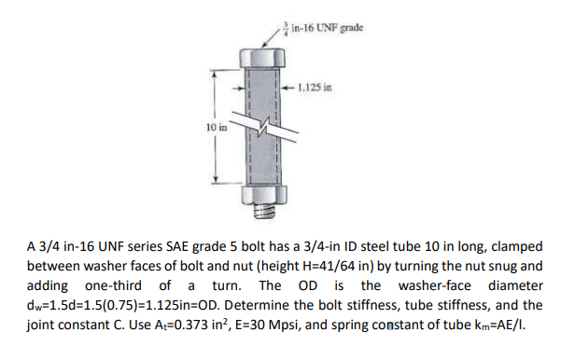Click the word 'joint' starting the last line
(43, 323)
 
